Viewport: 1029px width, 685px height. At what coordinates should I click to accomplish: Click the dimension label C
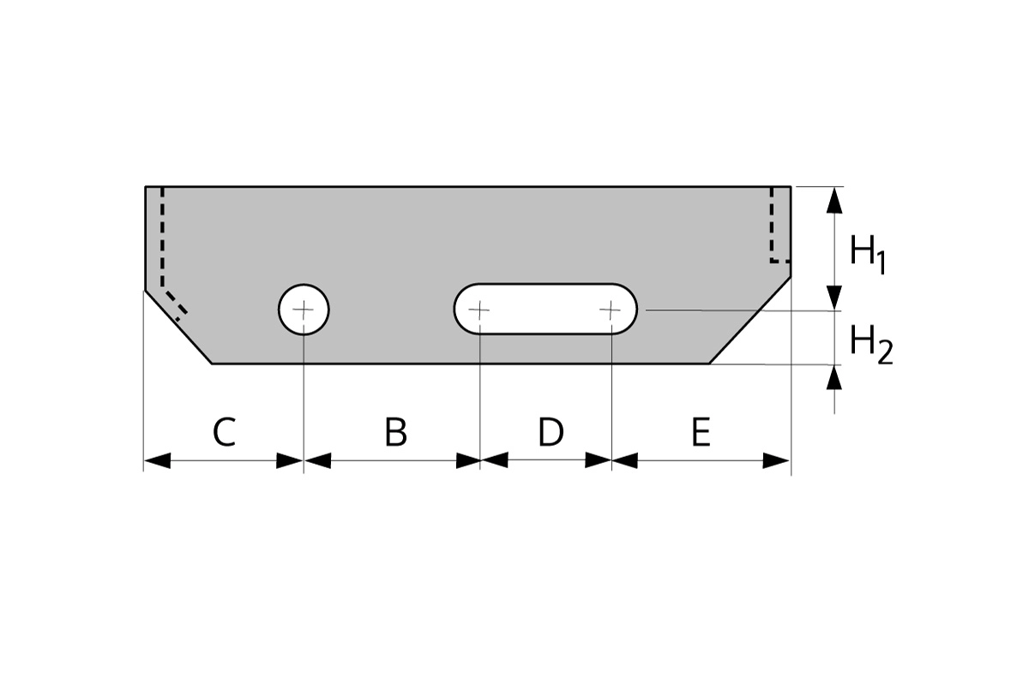(x=224, y=433)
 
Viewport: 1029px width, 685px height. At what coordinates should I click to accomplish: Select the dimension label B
(x=395, y=433)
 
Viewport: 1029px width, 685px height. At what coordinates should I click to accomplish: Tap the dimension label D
(x=551, y=433)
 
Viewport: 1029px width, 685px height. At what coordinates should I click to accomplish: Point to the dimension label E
(x=701, y=433)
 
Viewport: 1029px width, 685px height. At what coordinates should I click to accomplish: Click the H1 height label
(x=867, y=255)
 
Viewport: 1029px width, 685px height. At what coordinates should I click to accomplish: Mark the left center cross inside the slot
(x=480, y=309)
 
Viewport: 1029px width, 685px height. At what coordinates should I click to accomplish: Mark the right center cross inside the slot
(x=611, y=309)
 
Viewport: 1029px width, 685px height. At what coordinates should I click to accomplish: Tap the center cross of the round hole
(x=304, y=309)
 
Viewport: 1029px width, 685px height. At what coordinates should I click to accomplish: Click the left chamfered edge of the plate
(x=178, y=327)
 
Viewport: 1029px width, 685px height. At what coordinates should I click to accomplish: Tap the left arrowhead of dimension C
(x=157, y=461)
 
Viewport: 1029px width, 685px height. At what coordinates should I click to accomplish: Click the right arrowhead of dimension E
(x=777, y=461)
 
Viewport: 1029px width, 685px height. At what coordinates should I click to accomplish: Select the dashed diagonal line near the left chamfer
(x=174, y=301)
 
